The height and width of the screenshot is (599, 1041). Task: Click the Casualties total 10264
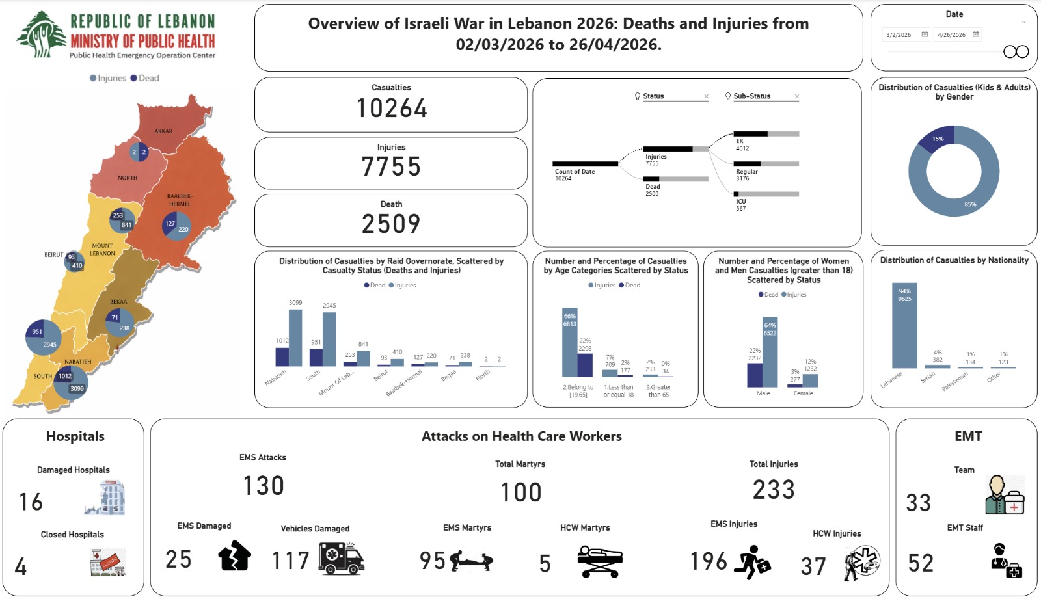tap(391, 109)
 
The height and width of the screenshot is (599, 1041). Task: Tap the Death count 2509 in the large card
tap(391, 224)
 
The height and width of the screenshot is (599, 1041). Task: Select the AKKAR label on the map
tap(163, 131)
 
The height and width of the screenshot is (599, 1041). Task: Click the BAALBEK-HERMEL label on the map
tap(180, 200)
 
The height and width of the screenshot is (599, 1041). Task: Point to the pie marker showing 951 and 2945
tap(44, 338)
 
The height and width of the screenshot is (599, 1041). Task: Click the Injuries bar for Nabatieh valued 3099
tap(295, 338)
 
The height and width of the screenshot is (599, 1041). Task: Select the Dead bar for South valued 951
tap(316, 357)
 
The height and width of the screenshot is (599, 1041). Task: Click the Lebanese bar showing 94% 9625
tap(904, 325)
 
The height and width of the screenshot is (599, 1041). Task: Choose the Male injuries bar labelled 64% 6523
tap(770, 352)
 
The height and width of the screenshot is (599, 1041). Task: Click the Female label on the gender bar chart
tap(804, 393)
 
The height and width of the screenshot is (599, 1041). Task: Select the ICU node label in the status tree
tap(741, 202)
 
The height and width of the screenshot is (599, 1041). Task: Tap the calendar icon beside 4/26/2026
tap(976, 34)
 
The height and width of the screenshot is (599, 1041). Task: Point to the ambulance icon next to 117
tap(342, 559)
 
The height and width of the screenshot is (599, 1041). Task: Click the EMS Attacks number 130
tap(264, 486)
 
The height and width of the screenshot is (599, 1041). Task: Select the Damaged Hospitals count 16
tap(31, 502)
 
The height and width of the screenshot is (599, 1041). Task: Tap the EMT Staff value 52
tap(921, 563)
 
